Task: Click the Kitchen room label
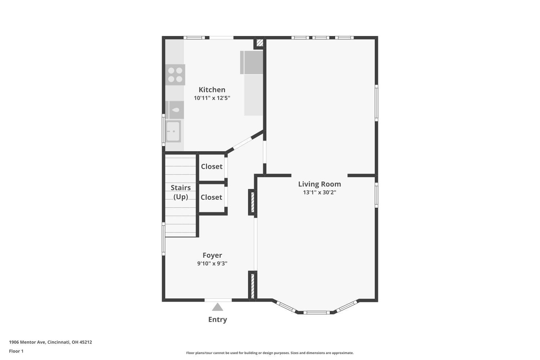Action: (x=212, y=90)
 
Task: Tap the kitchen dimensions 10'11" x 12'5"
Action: (x=212, y=98)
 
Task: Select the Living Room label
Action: (x=319, y=184)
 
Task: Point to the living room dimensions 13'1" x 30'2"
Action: (x=319, y=192)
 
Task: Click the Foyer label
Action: (x=212, y=255)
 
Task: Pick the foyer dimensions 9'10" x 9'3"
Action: (x=212, y=263)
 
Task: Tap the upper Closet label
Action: (x=212, y=166)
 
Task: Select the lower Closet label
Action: (x=211, y=197)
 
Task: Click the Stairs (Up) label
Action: (x=181, y=192)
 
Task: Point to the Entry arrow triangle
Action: (x=217, y=307)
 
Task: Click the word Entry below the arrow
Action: (x=217, y=319)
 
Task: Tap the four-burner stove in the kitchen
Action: (x=175, y=75)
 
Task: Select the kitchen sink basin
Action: (x=173, y=131)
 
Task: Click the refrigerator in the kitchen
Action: (x=251, y=62)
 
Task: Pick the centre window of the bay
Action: (x=316, y=312)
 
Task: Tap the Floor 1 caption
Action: (x=16, y=351)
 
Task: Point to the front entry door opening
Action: (x=218, y=300)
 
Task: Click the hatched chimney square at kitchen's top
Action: (x=260, y=43)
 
